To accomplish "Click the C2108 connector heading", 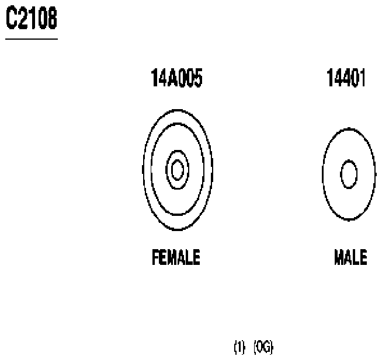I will coord(32,19).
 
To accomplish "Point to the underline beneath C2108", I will coord(32,39).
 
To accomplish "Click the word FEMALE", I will coord(176,257).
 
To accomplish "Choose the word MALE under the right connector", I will coord(350,257).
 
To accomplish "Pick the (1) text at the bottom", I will coord(239,348).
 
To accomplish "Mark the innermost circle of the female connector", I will coord(178,170).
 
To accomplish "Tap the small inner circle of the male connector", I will coord(349,175).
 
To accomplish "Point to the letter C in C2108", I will coord(11,19).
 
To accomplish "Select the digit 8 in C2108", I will coord(51,19).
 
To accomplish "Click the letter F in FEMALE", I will coord(155,257).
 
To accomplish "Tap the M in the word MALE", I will coord(339,257).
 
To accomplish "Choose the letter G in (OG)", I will coord(268,348).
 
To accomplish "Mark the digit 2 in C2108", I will coord(22,19).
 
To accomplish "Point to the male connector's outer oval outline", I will coord(323,174).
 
